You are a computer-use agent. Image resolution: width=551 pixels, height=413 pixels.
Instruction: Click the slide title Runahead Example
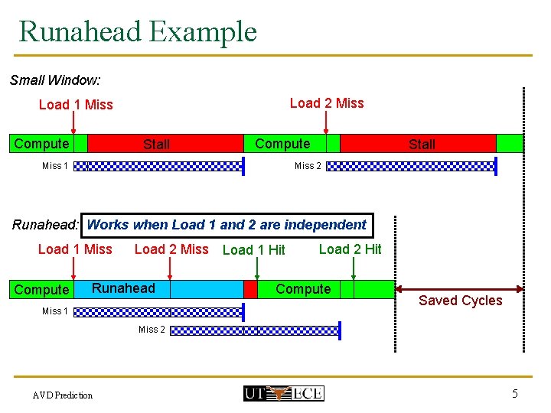click(x=138, y=31)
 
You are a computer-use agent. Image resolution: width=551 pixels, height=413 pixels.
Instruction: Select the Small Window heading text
click(x=55, y=80)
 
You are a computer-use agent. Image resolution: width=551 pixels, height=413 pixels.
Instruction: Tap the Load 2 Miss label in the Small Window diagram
click(x=327, y=103)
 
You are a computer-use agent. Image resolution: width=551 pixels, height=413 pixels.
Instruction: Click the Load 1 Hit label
click(x=253, y=250)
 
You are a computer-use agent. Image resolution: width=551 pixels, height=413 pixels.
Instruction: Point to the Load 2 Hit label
click(x=350, y=249)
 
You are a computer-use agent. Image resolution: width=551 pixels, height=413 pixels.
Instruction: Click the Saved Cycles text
click(x=461, y=301)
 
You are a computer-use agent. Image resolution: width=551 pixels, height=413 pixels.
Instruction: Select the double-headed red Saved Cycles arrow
click(x=460, y=289)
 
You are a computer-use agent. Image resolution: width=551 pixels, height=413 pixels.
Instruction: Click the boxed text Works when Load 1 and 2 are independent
click(x=227, y=225)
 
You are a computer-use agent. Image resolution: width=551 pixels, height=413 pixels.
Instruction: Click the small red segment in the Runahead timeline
click(x=250, y=289)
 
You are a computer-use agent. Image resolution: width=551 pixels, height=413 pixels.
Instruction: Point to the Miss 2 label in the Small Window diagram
click(x=308, y=166)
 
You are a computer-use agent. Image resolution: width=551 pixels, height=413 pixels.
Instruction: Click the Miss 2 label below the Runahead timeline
click(x=152, y=330)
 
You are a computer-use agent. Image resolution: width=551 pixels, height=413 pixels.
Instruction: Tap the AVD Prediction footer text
click(x=63, y=395)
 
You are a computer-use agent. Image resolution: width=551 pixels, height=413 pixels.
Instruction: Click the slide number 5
click(x=515, y=394)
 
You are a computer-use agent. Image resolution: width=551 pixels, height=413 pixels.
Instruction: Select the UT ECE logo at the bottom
click(x=283, y=394)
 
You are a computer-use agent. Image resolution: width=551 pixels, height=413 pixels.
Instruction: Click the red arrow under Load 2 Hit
click(x=354, y=268)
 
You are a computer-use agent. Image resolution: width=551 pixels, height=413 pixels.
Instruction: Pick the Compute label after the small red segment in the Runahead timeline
click(x=303, y=289)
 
